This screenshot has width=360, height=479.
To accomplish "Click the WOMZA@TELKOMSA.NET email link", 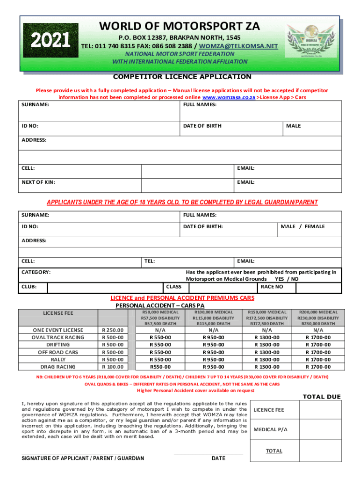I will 238,46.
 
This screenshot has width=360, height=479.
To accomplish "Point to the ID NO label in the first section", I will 30,126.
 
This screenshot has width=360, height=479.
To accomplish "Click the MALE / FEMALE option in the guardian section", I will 302,226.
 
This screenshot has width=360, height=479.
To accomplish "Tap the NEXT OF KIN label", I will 38,182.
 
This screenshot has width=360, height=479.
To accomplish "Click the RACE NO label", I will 272,286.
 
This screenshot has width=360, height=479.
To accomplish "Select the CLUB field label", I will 29,286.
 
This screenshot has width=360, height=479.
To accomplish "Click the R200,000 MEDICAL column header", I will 311,312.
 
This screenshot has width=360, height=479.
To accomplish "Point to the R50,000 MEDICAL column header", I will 160,312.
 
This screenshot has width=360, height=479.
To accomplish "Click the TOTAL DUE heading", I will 322,397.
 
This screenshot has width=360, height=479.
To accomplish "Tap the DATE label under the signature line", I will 218,458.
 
